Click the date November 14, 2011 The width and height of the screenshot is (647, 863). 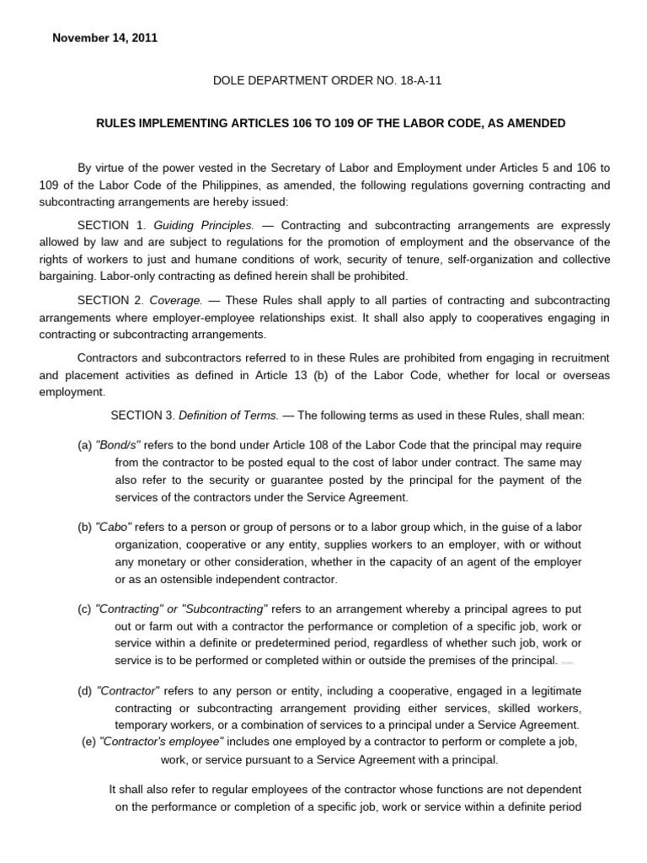pyautogui.click(x=105, y=38)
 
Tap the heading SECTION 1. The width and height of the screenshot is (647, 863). pyautogui.click(x=111, y=226)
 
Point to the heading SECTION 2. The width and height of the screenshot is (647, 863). pyautogui.click(x=111, y=300)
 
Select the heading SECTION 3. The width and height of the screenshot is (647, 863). pyautogui.click(x=144, y=415)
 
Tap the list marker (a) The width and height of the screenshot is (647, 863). pyautogui.click(x=85, y=445)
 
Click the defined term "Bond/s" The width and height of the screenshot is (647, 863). pyautogui.click(x=118, y=445)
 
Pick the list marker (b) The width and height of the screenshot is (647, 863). pyautogui.click(x=85, y=527)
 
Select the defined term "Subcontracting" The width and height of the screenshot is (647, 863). pyautogui.click(x=223, y=608)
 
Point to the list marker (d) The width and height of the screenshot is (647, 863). pyautogui.click(x=85, y=690)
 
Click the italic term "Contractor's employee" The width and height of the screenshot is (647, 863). pyautogui.click(x=161, y=741)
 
